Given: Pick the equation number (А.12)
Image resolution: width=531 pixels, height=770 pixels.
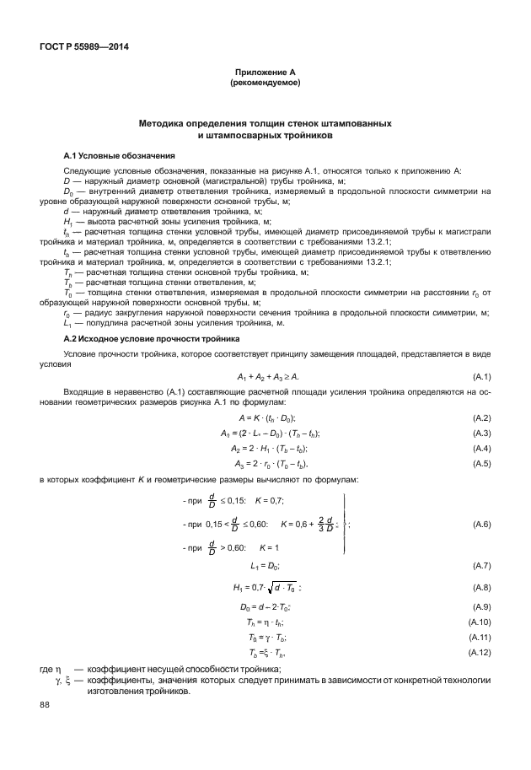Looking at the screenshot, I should coord(480,653).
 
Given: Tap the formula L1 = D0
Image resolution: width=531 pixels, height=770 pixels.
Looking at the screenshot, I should coord(265,564).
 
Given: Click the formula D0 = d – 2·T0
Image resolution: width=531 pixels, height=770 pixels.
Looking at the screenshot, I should coord(265,607).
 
